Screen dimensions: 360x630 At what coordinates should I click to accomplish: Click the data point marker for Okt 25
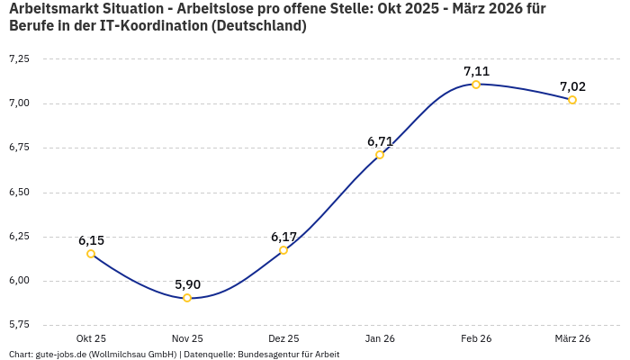click(91, 254)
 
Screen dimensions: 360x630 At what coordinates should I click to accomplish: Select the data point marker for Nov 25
click(187, 298)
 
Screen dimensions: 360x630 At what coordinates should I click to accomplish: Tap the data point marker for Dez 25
click(283, 250)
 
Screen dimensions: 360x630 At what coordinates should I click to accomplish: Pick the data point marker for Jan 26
click(380, 155)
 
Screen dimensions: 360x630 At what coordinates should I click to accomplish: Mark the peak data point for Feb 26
click(476, 85)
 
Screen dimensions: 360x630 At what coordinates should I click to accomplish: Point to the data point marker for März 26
click(572, 100)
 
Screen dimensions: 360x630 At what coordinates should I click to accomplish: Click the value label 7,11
click(476, 71)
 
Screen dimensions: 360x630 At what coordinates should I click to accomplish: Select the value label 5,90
click(187, 284)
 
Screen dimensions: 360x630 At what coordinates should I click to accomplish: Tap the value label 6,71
click(380, 141)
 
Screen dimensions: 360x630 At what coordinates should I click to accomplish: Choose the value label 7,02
click(572, 86)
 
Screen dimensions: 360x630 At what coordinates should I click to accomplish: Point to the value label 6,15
click(91, 240)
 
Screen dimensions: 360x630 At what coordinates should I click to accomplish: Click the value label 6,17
click(283, 237)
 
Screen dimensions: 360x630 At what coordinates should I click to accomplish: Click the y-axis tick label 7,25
click(19, 58)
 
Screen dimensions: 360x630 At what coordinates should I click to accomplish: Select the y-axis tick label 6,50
click(19, 192)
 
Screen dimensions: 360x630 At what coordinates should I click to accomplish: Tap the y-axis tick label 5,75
click(19, 324)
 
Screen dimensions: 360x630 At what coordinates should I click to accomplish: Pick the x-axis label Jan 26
click(380, 338)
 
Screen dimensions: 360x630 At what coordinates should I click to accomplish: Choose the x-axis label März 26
click(572, 338)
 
